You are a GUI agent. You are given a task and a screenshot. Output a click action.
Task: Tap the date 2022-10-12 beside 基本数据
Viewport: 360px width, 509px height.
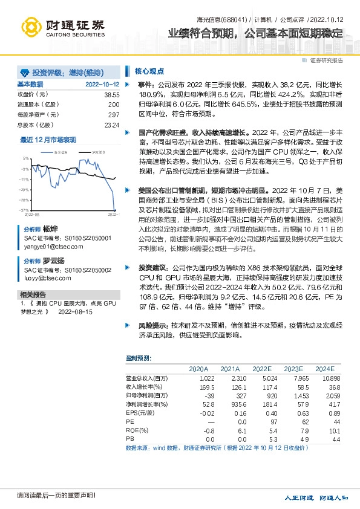tap(102, 85)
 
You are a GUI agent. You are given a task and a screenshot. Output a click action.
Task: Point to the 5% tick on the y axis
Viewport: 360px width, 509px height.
tap(26, 158)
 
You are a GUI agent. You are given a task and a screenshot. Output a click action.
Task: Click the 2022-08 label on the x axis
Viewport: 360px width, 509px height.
tap(32, 214)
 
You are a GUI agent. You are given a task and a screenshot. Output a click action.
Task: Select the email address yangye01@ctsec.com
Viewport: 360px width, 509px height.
tap(50, 247)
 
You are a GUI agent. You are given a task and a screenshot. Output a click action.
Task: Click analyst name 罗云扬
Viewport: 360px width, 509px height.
tap(53, 261)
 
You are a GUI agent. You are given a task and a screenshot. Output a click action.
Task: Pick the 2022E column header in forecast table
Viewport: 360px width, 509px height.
tap(261, 368)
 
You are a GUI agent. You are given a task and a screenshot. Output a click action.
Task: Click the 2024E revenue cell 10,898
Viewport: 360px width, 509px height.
tap(324, 377)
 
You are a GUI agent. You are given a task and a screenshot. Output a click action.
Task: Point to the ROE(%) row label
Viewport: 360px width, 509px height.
tap(137, 429)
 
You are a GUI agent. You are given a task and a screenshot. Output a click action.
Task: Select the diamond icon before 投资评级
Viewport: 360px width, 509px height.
tap(25, 71)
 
